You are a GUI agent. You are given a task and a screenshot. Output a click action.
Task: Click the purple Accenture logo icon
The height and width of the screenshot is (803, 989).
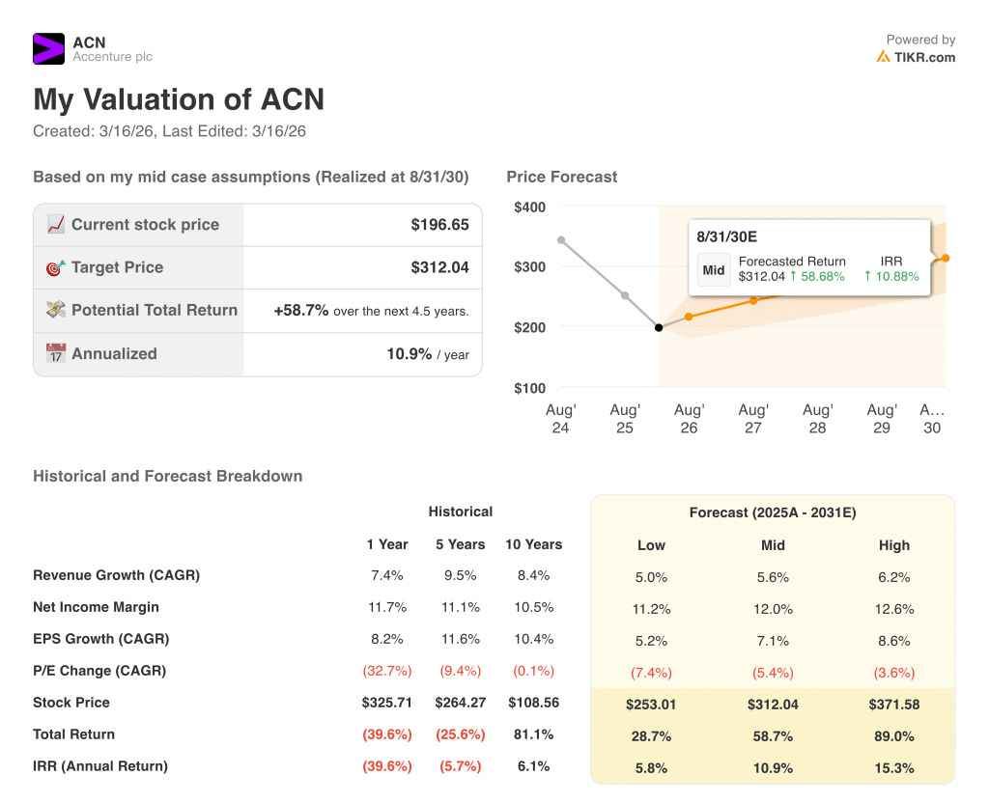48,49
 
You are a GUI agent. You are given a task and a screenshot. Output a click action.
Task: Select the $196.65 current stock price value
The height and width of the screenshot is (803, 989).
439,225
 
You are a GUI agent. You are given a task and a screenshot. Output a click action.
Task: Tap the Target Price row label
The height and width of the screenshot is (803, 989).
117,267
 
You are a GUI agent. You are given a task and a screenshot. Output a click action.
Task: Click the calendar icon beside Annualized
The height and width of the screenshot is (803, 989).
56,353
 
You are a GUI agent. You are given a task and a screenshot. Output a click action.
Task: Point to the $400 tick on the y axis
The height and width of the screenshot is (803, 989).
529,207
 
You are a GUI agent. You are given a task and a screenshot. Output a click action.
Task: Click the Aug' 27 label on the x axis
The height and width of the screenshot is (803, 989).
753,419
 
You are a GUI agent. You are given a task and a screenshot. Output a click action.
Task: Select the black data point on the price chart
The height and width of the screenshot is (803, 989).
659,328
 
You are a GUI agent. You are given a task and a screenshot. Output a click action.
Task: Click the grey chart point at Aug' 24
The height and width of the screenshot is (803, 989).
561,240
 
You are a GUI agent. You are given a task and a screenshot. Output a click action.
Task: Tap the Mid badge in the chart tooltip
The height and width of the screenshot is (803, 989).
714,270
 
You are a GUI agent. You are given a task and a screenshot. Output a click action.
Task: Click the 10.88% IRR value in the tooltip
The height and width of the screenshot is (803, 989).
891,276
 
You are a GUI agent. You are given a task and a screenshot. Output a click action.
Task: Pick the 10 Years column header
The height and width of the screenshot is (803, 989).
533,544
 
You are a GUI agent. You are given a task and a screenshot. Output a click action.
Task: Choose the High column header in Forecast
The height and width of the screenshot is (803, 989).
893,545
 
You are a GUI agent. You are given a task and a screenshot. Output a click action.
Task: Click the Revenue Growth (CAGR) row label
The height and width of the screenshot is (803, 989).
116,575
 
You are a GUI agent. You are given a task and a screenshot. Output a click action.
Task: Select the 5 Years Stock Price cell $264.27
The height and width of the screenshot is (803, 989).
460,703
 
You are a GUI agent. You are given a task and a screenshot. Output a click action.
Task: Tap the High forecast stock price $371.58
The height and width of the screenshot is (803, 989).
893,704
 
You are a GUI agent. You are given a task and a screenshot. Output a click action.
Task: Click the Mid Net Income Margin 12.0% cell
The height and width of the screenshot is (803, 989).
773,608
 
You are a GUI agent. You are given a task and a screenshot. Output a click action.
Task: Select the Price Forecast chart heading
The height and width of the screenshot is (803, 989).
561,177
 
